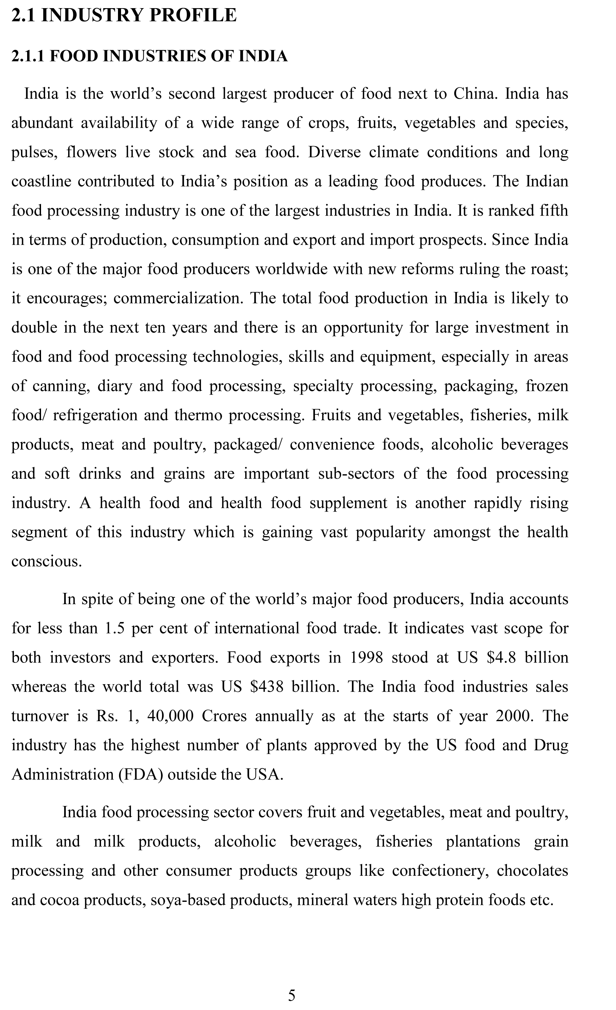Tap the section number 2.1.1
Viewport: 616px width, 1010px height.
point(27,56)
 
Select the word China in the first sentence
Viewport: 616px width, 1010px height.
point(475,94)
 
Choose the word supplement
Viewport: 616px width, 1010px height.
point(348,503)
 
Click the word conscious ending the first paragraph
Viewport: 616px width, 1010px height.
point(46,561)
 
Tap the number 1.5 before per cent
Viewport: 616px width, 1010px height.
point(114,628)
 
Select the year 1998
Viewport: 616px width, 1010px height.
point(366,657)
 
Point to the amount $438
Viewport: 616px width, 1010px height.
point(266,687)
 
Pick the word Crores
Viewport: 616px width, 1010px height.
point(224,716)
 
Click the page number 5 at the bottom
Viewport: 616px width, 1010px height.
point(292,995)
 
